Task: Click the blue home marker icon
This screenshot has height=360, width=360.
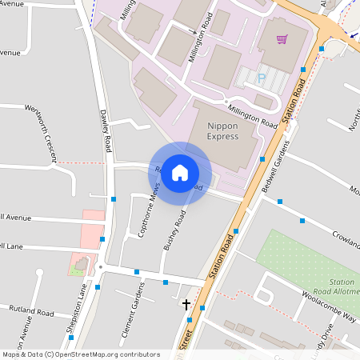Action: coord(180,172)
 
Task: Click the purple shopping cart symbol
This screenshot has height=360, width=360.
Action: coord(282,38)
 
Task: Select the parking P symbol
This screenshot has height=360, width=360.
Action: coord(261,78)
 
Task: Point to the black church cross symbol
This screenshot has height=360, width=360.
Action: coord(186,304)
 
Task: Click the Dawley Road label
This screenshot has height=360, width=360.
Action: coord(106,131)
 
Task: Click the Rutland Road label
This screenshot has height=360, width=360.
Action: coord(30,309)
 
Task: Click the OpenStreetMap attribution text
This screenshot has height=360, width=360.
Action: coord(81,354)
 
